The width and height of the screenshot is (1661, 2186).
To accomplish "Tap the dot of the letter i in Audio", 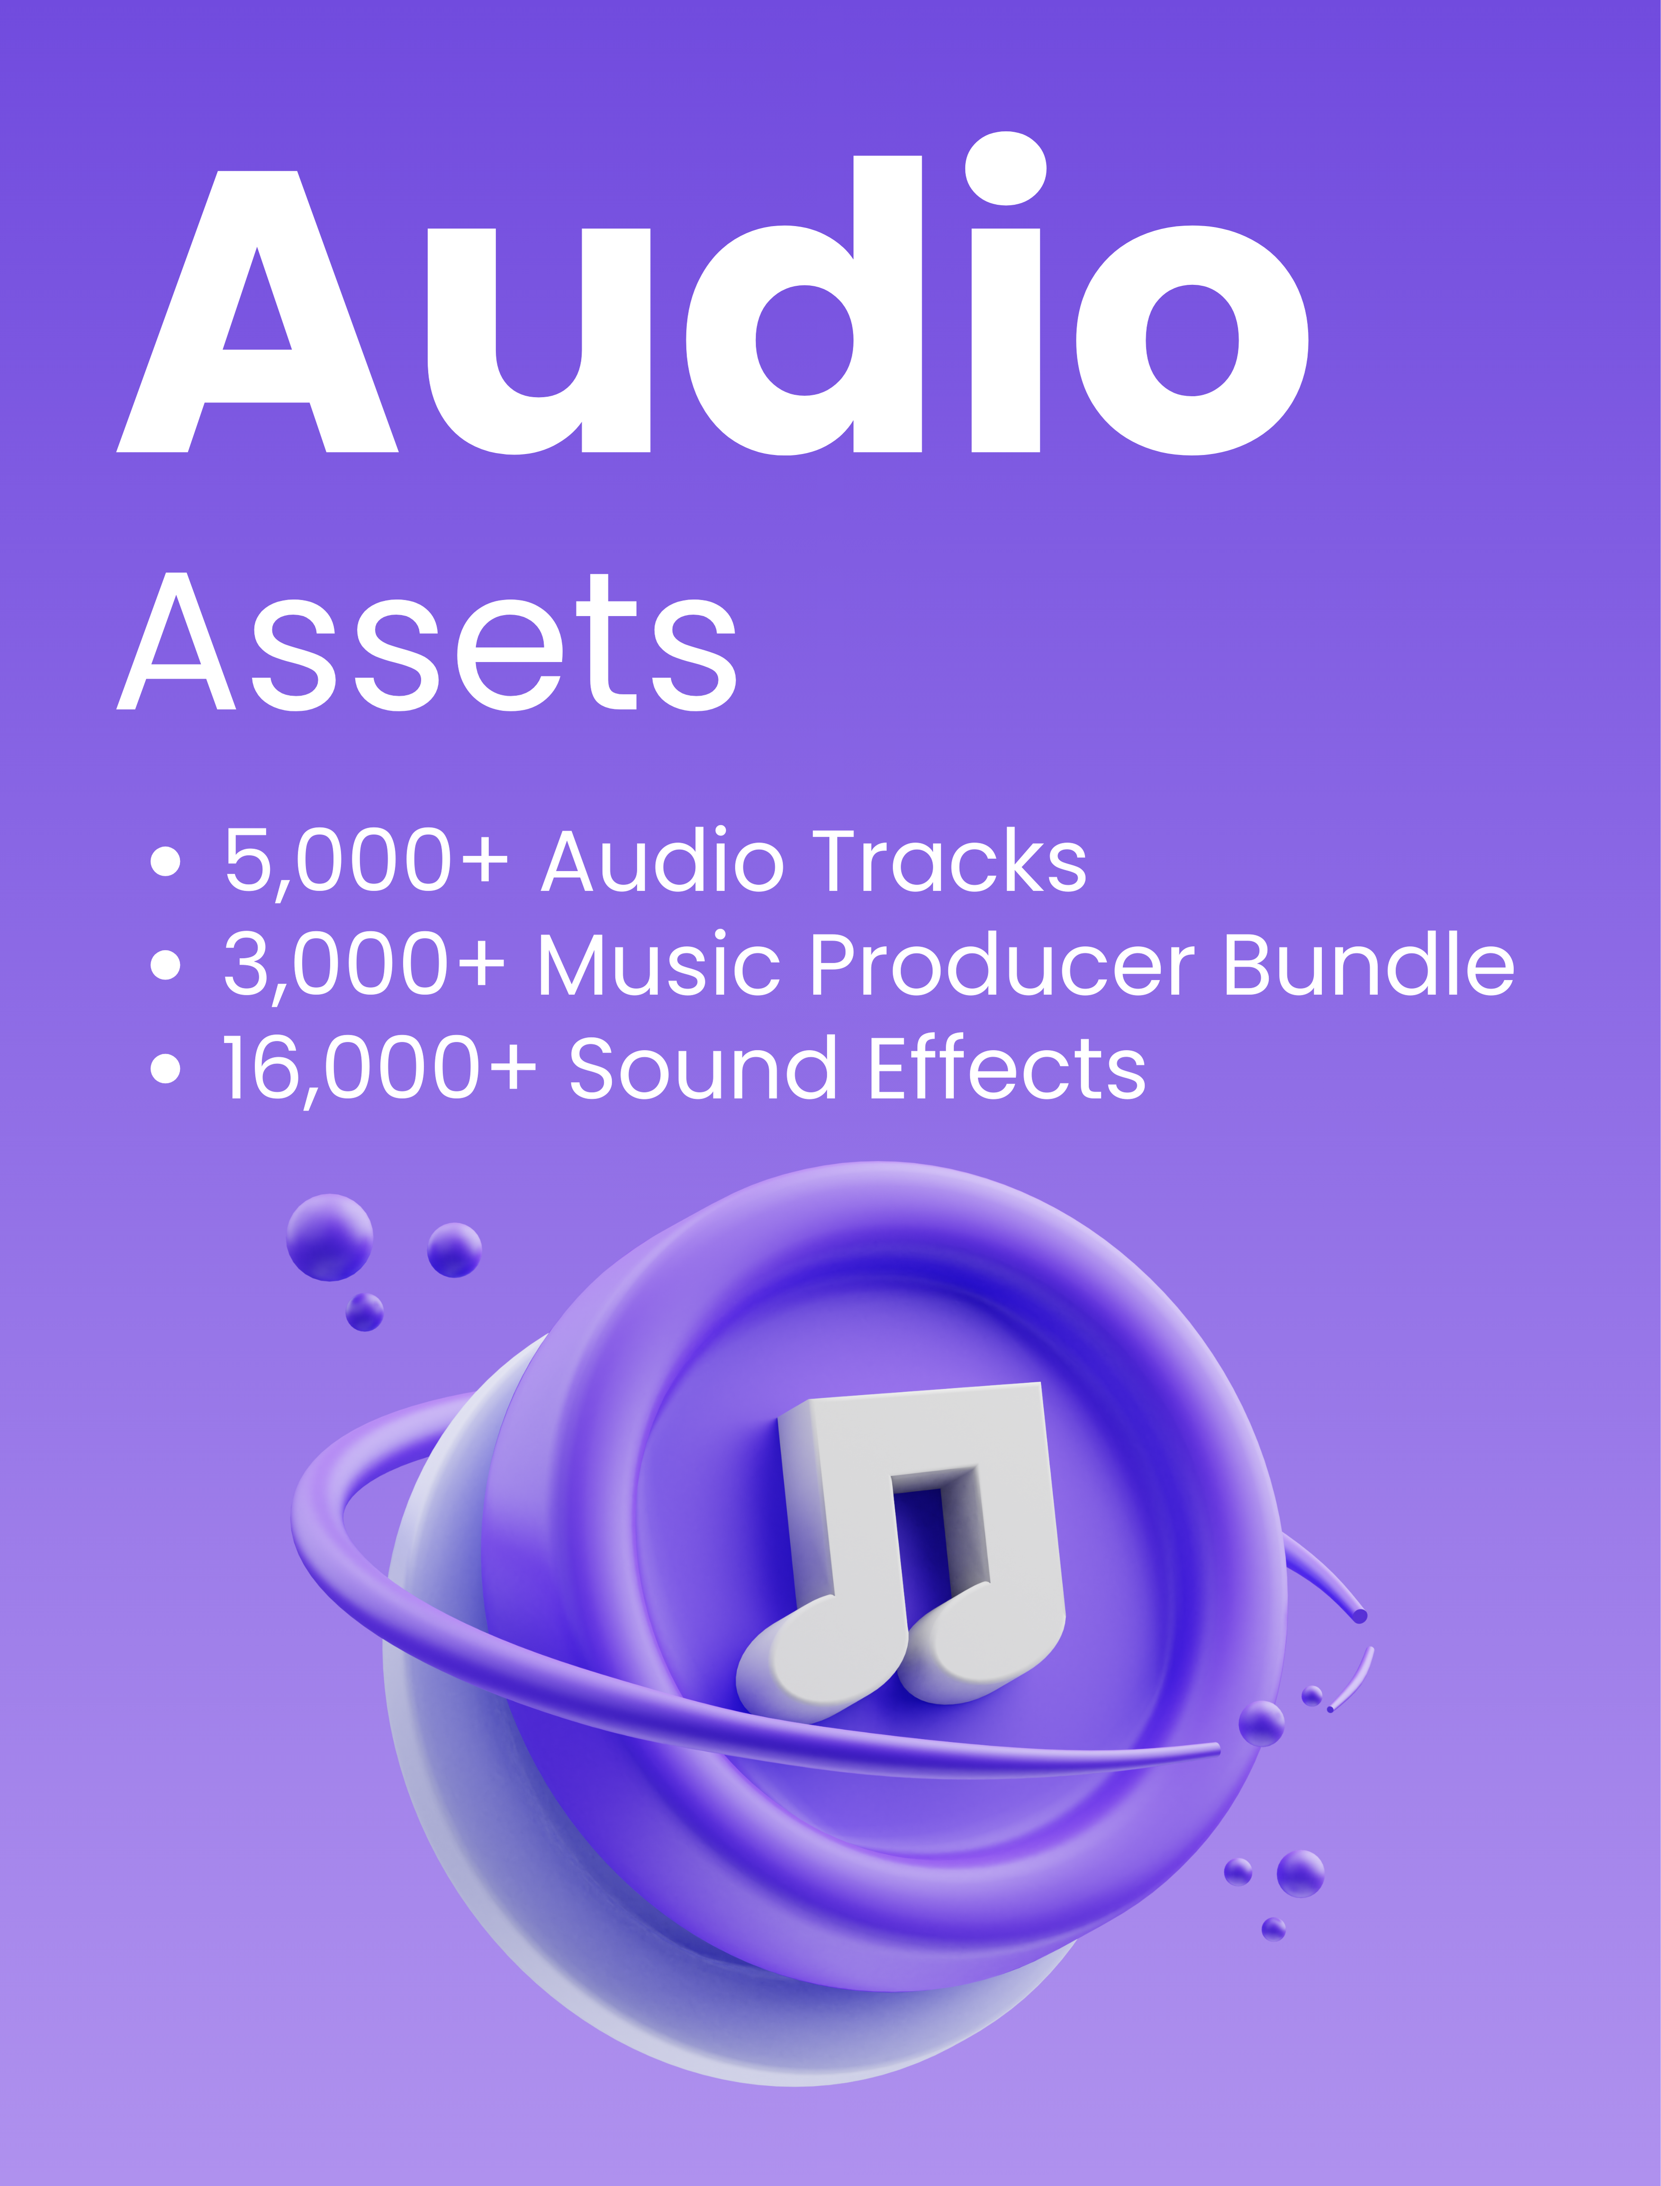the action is click(x=1005, y=169).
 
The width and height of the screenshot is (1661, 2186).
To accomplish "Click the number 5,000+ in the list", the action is click(x=366, y=861).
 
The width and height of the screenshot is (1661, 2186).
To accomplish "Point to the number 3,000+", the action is click(x=364, y=965).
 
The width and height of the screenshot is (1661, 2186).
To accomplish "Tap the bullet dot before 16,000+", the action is click(x=166, y=1068).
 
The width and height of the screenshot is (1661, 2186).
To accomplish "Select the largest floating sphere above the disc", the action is click(x=329, y=1238).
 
